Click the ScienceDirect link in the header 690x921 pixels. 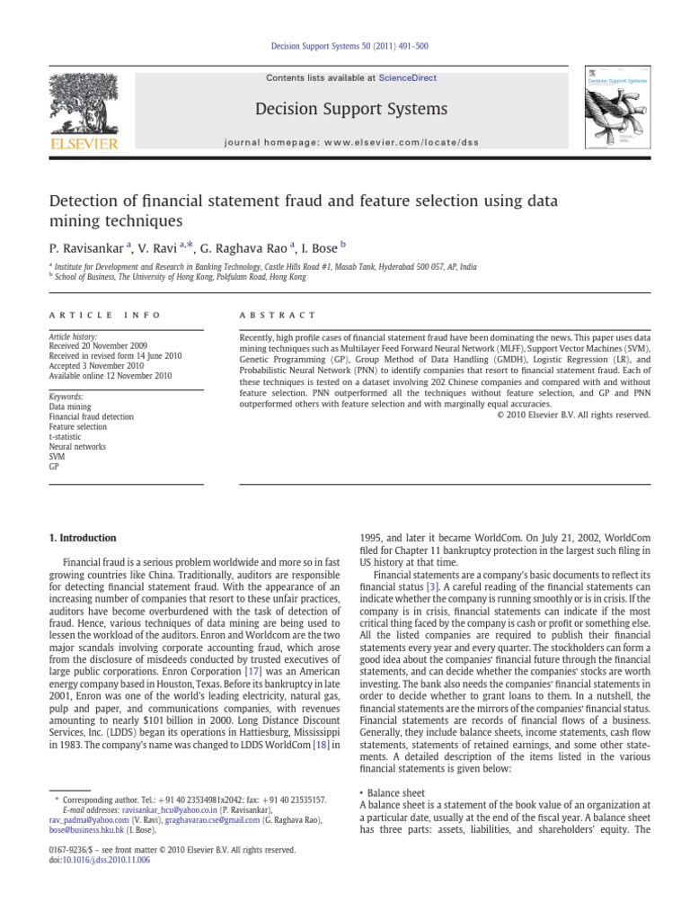tap(407, 78)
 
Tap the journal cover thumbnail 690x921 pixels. tap(615, 108)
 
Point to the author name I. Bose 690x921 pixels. tap(315, 246)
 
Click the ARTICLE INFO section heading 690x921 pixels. tap(104, 315)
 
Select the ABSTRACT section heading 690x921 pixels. tap(279, 315)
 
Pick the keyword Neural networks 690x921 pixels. tap(77, 446)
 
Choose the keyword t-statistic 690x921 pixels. tap(66, 436)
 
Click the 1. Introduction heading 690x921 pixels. tap(82, 538)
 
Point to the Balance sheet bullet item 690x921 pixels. tap(399, 793)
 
